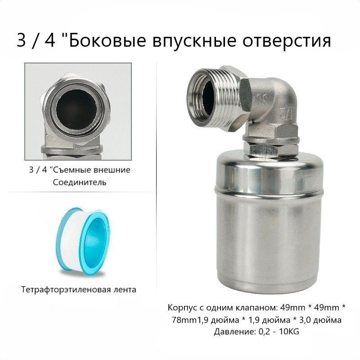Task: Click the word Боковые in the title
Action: coord(107,41)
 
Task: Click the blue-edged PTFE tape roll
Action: coord(84,239)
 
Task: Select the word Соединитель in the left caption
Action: coord(80,183)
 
